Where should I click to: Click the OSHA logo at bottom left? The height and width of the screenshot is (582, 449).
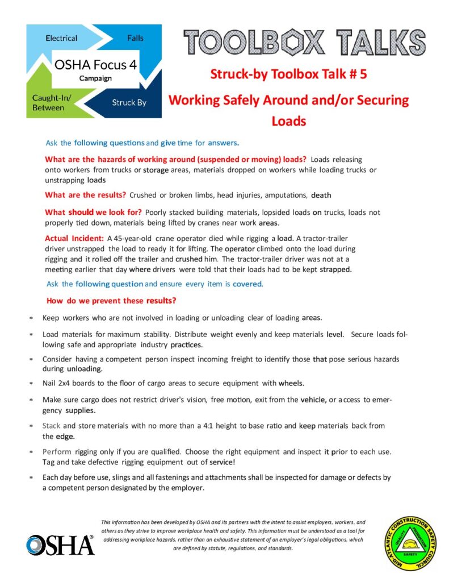60,545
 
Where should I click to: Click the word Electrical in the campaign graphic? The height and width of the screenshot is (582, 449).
61,38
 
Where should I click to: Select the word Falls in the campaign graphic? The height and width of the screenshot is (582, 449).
135,38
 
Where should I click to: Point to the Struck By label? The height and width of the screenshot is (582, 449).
129,103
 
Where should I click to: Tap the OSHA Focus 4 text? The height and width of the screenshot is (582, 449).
96,64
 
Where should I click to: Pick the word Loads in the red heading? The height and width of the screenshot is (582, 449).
288,121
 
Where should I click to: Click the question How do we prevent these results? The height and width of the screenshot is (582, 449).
110,300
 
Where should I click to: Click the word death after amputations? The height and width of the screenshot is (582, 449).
321,195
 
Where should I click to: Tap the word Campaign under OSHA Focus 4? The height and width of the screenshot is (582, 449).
95,78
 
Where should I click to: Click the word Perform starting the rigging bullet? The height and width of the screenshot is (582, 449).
57,451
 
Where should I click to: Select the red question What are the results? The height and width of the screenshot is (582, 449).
85,195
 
